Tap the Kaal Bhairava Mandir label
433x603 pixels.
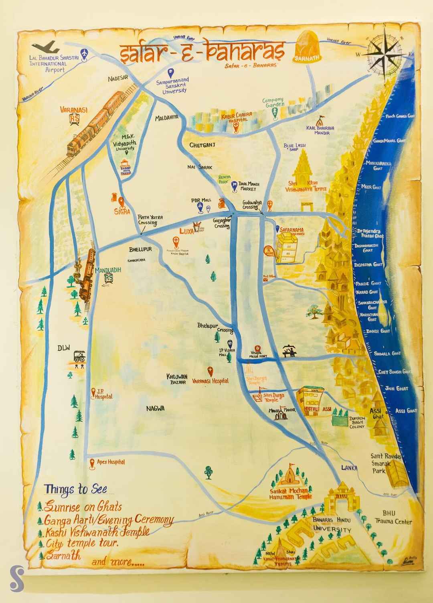click(319, 130)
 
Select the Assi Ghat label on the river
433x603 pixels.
click(406, 410)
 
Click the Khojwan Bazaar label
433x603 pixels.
click(177, 379)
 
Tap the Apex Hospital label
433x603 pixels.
click(111, 462)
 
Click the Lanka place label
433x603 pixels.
click(349, 467)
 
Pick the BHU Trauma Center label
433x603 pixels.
click(393, 518)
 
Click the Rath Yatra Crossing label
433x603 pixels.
click(147, 219)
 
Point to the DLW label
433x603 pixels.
click(64, 348)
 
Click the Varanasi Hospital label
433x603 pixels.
click(210, 381)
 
